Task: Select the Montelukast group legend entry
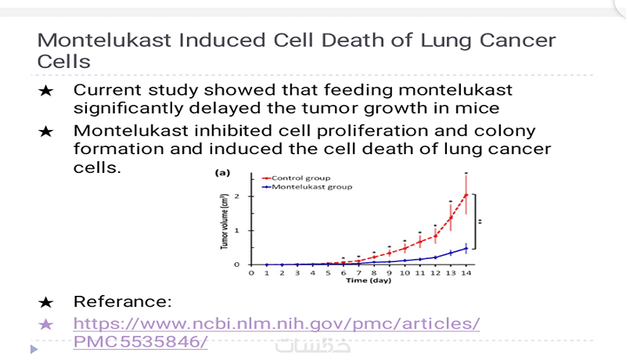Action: (311, 187)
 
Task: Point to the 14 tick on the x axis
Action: (466, 273)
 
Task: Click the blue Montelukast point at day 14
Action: (466, 248)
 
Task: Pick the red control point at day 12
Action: (435, 236)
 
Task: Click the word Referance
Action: (122, 301)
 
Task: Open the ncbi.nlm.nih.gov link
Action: (276, 322)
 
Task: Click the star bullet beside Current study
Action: (46, 91)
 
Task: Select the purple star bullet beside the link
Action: (46, 323)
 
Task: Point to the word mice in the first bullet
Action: (472, 108)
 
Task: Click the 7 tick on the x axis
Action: (358, 273)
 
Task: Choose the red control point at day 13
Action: (451, 218)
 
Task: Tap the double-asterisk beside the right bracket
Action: (480, 221)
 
